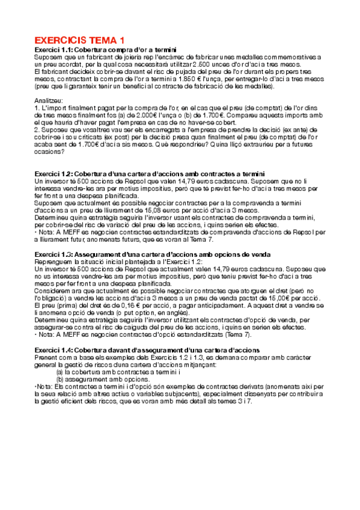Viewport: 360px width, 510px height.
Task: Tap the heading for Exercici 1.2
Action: [150, 174]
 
